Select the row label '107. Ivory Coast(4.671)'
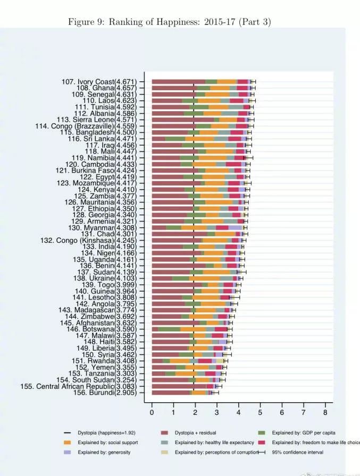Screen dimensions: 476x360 click(99, 81)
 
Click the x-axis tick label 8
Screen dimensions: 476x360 click(325, 412)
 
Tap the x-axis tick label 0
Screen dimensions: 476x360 click(152, 412)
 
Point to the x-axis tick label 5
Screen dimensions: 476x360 click(260, 412)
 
